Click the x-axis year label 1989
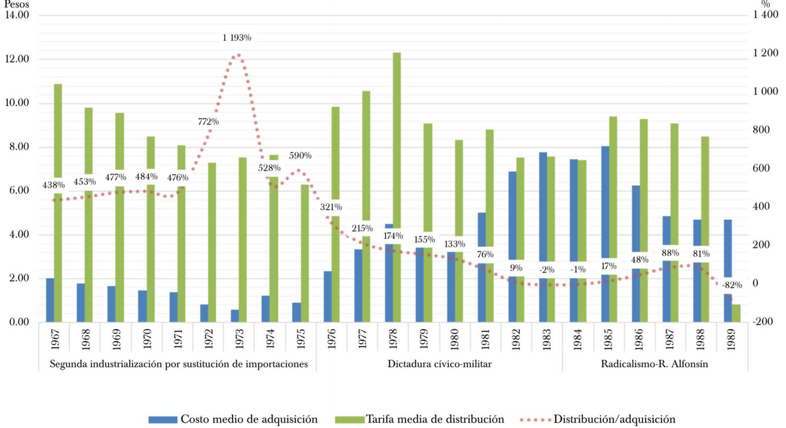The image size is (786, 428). (x=732, y=340)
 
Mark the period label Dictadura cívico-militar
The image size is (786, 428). (x=439, y=364)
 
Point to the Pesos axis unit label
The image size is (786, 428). (x=13, y=5)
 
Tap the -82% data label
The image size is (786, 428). (x=732, y=285)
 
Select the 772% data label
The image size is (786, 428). (x=208, y=122)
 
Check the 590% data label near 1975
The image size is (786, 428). (x=299, y=156)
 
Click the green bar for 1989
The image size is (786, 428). (x=736, y=313)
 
